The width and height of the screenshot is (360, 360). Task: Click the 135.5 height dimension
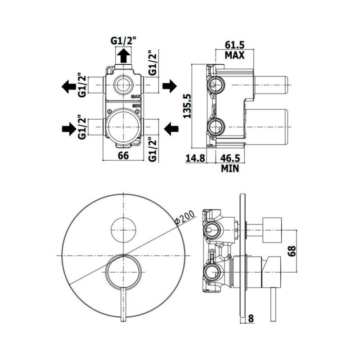[187, 106]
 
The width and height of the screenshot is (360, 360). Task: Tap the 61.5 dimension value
[234, 45]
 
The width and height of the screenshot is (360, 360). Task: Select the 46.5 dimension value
[230, 158]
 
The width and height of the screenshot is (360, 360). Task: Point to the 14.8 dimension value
[195, 158]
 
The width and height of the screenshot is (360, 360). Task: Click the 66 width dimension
[123, 156]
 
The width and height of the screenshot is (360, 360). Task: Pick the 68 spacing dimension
[291, 251]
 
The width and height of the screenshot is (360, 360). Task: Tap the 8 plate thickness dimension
[251, 319]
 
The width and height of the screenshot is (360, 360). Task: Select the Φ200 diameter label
[184, 217]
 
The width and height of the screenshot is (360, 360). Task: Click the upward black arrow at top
[123, 55]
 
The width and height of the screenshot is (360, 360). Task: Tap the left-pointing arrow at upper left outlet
[69, 86]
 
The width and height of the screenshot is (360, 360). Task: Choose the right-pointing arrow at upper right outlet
[170, 86]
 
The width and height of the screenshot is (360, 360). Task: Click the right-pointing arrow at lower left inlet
[69, 129]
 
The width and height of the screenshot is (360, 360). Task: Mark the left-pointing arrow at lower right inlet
[171, 129]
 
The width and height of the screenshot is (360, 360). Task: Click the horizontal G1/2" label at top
[123, 41]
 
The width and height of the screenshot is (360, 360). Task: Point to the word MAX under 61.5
[234, 55]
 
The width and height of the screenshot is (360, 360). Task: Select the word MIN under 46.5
[230, 168]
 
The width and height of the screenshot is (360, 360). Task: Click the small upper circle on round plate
[123, 230]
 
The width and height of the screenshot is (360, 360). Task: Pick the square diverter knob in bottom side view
[272, 230]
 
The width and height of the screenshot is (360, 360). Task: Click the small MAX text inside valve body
[135, 96]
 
